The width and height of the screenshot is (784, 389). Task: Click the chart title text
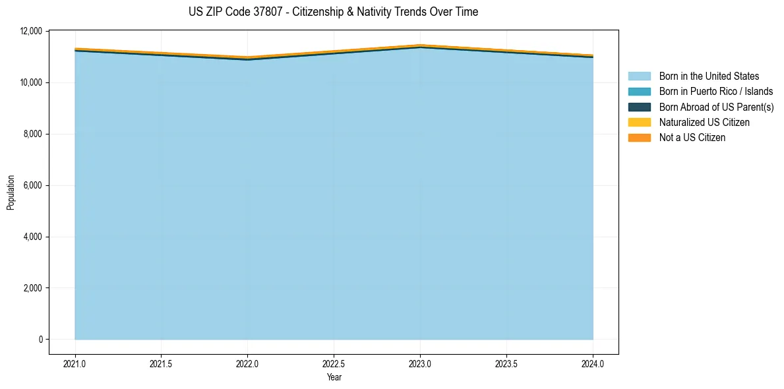[333, 12]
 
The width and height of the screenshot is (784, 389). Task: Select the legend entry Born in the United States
[709, 76]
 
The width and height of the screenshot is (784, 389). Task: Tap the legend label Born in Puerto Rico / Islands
[715, 92]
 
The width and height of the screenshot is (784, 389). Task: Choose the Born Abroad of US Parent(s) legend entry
[716, 107]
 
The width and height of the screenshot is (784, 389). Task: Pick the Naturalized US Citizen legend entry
[704, 122]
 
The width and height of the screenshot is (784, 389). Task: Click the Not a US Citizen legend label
[692, 137]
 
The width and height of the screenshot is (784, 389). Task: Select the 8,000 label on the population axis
[30, 134]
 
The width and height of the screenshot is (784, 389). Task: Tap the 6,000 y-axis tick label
[30, 185]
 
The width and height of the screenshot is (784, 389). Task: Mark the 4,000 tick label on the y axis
[30, 237]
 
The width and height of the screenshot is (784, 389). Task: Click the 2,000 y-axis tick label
[30, 288]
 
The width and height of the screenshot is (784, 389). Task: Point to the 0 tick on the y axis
[40, 340]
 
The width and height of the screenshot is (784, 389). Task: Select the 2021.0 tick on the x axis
[75, 363]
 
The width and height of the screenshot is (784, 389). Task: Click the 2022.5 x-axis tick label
[334, 363]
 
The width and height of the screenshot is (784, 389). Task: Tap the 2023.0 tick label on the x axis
[420, 363]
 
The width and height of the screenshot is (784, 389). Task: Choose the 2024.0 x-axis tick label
[593, 363]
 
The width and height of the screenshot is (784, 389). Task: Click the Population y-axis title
[11, 193]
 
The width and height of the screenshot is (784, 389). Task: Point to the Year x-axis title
[334, 377]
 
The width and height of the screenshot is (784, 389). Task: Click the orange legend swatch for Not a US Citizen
[639, 137]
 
